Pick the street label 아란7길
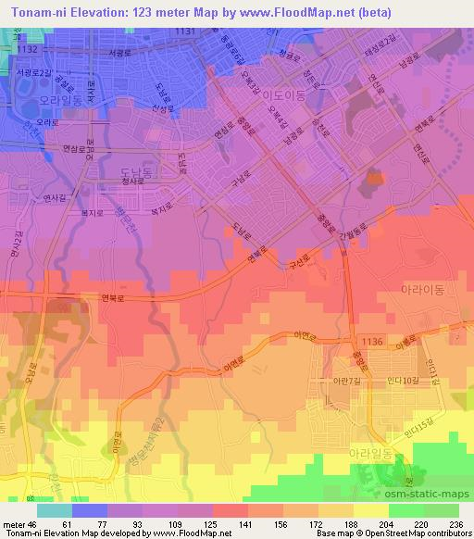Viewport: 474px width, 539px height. pos(336,381)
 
